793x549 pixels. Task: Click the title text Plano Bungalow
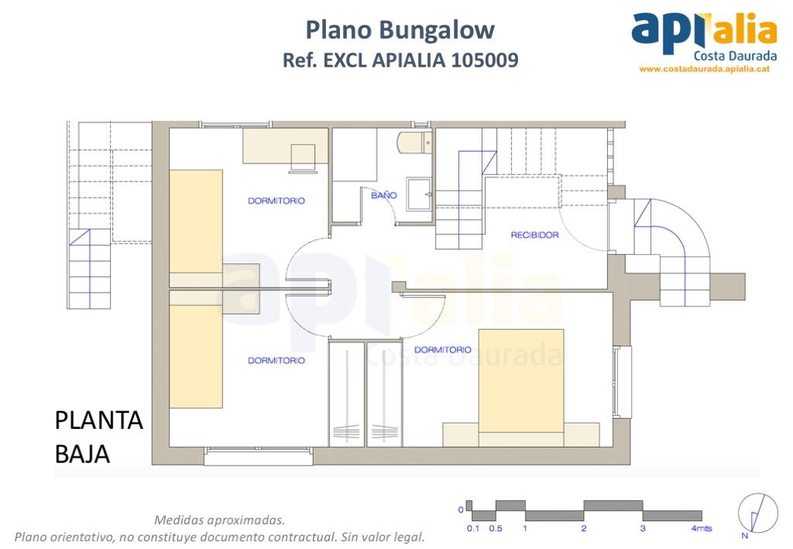tap(400, 30)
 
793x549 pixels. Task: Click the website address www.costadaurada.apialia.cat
tap(703, 69)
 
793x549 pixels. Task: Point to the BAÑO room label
tap(383, 196)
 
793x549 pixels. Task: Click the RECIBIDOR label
tap(534, 235)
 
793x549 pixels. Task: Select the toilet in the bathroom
tap(414, 143)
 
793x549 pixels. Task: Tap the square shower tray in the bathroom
tap(419, 194)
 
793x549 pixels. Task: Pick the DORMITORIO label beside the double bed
tap(442, 350)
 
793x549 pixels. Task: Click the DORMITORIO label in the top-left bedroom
tap(276, 201)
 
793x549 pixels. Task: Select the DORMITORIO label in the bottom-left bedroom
tap(276, 360)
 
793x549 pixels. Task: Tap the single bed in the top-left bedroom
tap(196, 225)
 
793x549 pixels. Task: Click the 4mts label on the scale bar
tap(702, 529)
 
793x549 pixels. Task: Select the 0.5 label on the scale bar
tap(496, 529)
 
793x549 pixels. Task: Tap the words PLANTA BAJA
tap(98, 437)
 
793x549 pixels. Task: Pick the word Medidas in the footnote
tap(180, 520)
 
